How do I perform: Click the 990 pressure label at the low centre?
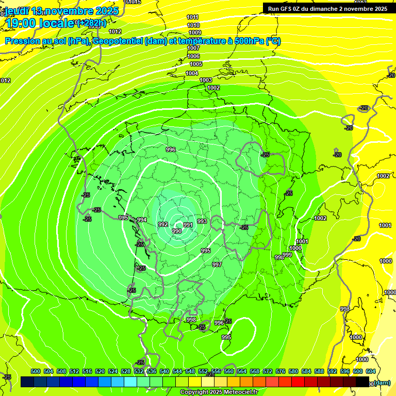click(176, 231)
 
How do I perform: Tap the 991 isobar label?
click(188, 225)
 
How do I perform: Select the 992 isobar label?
click(163, 224)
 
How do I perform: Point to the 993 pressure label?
click(202, 221)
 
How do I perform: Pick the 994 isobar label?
click(142, 220)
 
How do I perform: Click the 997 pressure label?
click(217, 265)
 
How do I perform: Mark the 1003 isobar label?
click(206, 80)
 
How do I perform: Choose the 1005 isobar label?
click(196, 64)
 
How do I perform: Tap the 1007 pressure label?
click(193, 48)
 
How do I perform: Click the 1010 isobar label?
click(193, 25)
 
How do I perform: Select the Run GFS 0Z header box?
click(327, 9)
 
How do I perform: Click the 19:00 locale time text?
click(39, 23)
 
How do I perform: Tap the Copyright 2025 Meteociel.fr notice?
click(219, 392)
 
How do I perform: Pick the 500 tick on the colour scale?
click(36, 371)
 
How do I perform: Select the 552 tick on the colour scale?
click(203, 371)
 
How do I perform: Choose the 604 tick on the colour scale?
click(370, 371)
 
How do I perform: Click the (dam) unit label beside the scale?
click(382, 382)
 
